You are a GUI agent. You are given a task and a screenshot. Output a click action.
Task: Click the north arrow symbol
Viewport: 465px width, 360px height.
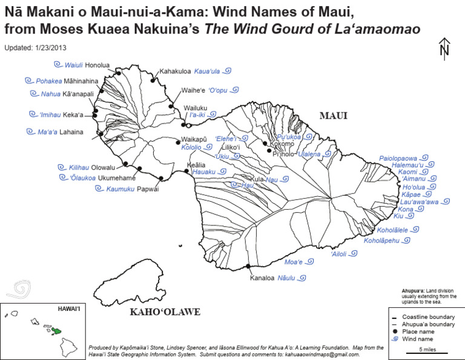(445, 48)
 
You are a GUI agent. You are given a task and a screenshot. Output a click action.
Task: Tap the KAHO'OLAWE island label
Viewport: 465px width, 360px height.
(165, 313)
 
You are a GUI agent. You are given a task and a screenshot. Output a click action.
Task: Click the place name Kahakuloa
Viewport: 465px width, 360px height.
(176, 72)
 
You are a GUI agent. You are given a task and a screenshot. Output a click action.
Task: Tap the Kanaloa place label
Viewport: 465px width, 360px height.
(263, 279)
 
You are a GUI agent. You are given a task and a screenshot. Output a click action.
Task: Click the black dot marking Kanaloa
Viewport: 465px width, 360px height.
(248, 266)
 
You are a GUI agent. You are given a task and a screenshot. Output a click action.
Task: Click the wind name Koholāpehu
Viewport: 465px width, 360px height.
(381, 241)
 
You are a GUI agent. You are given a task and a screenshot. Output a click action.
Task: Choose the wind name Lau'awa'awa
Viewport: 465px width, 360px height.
(419, 202)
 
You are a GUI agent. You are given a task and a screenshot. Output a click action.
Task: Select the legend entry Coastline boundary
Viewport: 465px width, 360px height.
(427, 316)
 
